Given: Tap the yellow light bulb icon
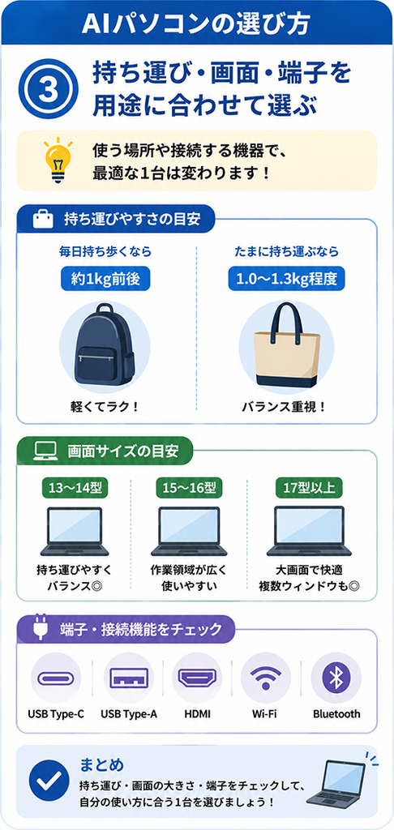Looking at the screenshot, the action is (x=58, y=157).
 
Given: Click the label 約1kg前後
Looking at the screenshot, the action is (x=101, y=278).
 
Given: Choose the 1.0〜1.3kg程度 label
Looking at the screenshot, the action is (x=286, y=278).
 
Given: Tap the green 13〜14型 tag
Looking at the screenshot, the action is (x=75, y=487).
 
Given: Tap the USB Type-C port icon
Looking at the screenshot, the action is (x=56, y=678).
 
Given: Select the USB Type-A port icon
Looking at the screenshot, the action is (x=129, y=678).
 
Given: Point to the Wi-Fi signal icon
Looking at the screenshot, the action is (x=266, y=678).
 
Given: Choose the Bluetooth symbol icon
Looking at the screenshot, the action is (x=336, y=678).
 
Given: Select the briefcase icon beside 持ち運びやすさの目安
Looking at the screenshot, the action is (x=43, y=219).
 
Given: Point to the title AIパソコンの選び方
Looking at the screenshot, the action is (x=196, y=24).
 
